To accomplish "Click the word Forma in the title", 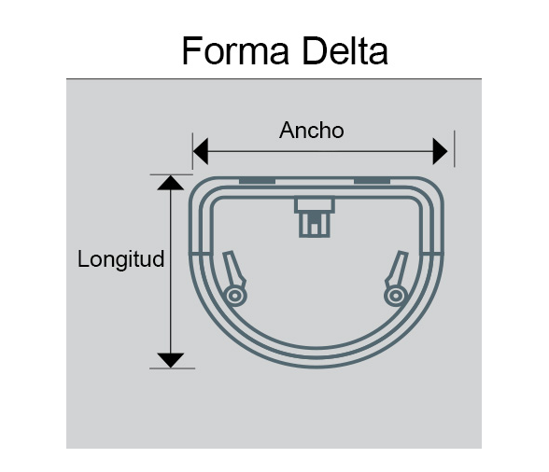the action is click(235, 51).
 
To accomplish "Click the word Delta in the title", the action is click(345, 51).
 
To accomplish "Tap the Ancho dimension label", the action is click(311, 131).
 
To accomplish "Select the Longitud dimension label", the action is click(120, 259).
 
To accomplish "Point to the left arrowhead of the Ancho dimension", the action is click(201, 151).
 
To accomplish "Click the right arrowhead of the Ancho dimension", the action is click(440, 151).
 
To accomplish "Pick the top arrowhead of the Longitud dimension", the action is click(171, 183).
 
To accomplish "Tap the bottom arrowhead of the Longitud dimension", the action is click(171, 360).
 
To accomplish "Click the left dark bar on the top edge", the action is click(257, 181).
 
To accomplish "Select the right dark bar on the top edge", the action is click(372, 181).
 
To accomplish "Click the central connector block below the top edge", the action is click(315, 216).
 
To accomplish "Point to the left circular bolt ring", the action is click(235, 296).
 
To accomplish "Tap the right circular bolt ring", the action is click(395, 296).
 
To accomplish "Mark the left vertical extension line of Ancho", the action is click(192, 151).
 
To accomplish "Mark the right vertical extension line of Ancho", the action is click(455, 148).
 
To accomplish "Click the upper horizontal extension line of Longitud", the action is click(171, 174).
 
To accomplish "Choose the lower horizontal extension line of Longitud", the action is click(172, 368).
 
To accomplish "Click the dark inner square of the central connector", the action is click(314, 218).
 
